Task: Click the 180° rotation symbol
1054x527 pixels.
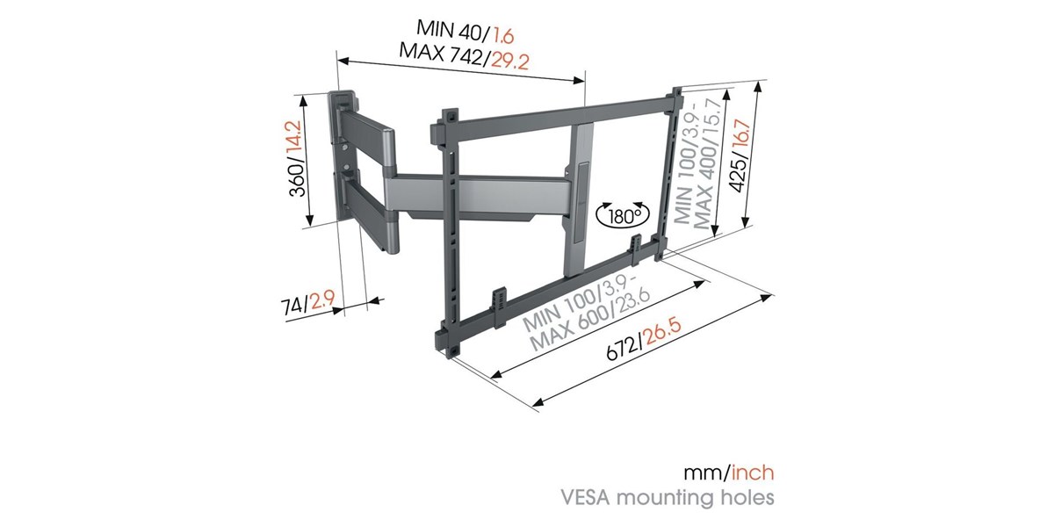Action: (x=622, y=217)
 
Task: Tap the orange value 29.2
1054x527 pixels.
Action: (x=510, y=61)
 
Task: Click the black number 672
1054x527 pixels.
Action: (x=621, y=350)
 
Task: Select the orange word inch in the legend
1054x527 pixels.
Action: (x=753, y=473)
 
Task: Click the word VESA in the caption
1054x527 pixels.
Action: (x=581, y=497)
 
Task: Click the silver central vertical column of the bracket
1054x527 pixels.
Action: (x=581, y=199)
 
